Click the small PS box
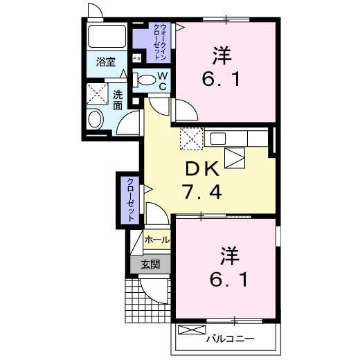coord(138,59)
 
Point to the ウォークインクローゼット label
coord(161,42)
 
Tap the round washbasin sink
coord(96,118)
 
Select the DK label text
coord(201,168)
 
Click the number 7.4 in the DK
coord(201,192)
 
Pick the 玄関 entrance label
coord(150,264)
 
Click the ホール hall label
coord(156,240)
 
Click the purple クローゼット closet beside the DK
coord(129,199)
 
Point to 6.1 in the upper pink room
coord(221,79)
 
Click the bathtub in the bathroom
coord(107,37)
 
